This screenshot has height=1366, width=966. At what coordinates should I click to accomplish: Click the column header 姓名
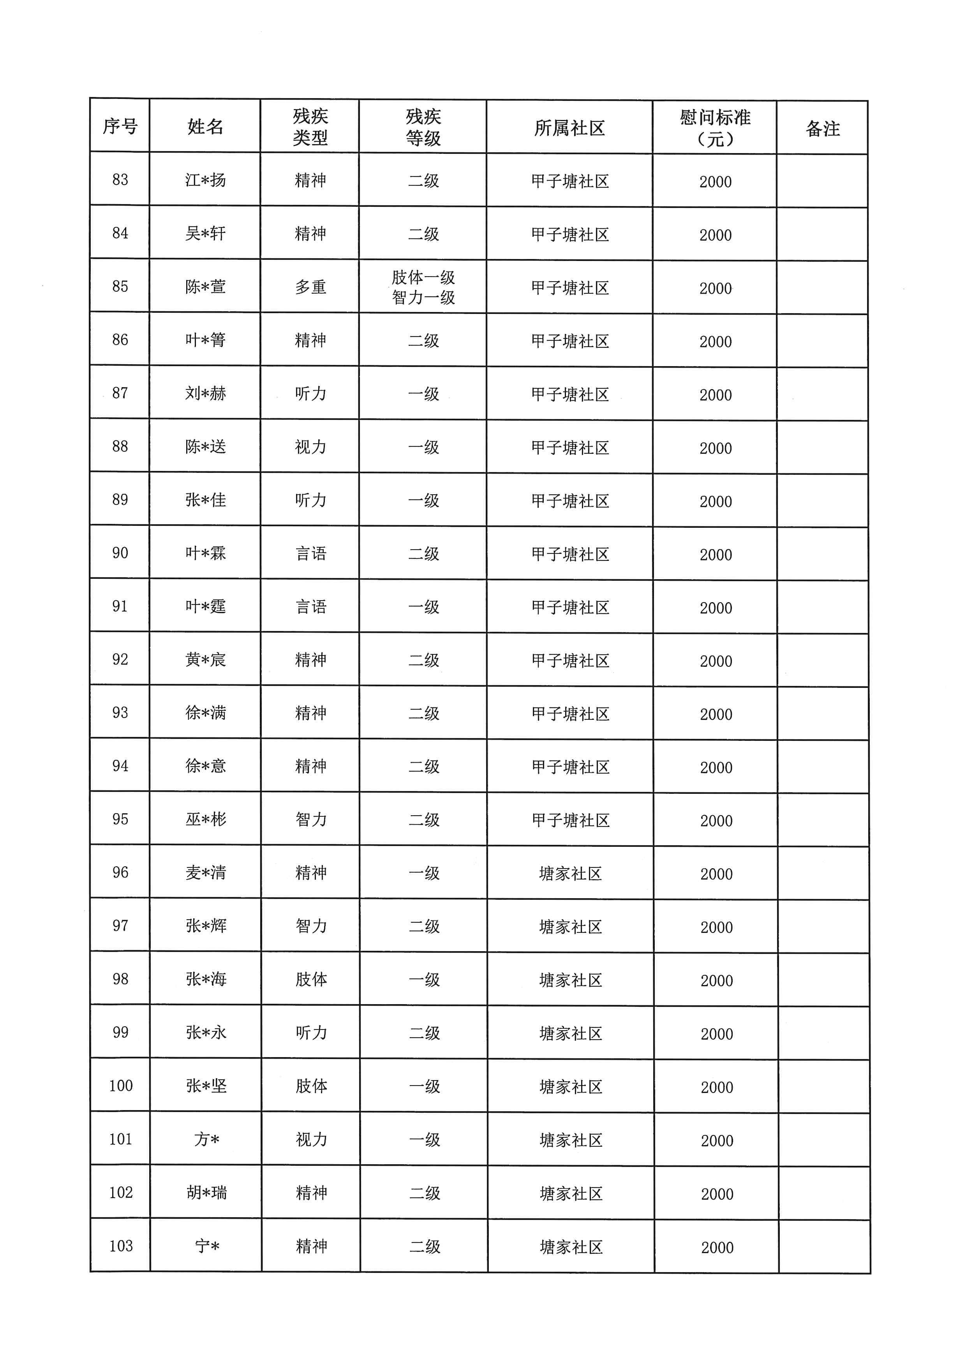pos(205,126)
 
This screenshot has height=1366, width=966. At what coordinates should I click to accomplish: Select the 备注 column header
pos(823,129)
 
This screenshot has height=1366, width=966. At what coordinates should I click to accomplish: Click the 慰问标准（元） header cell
pos(715,128)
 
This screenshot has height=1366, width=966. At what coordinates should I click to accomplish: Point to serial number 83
pos(120,180)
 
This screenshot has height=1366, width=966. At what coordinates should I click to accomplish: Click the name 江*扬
pos(205,180)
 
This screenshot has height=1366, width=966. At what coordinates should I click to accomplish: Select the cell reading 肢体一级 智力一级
pos(423,287)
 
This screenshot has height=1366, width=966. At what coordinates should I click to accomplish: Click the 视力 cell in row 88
pos(310,447)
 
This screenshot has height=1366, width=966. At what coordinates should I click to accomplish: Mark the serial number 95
pos(120,819)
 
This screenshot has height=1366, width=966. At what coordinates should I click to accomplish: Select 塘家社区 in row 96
pos(570,873)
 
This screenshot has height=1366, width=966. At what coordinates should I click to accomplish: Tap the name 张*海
pos(206,979)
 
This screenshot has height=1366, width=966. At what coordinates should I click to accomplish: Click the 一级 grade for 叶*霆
pos(423,607)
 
